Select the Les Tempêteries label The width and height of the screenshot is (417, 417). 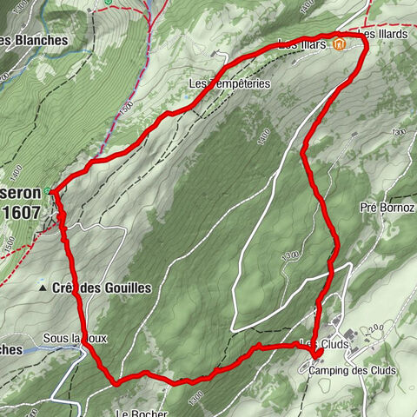click(x=230, y=84)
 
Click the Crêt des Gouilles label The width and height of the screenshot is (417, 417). click(x=102, y=288)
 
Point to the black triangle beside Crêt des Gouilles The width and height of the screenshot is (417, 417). click(x=42, y=287)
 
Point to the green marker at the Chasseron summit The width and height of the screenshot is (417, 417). click(x=50, y=189)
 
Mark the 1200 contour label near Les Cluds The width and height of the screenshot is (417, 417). click(x=374, y=328)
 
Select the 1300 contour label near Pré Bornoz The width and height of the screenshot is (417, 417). click(x=398, y=132)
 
